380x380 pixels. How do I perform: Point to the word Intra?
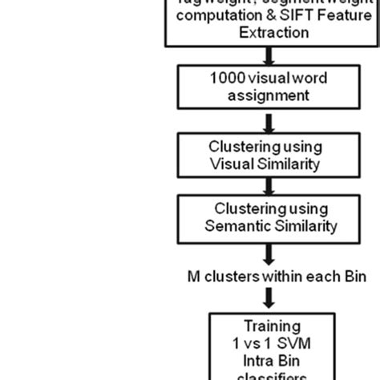(249, 361)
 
